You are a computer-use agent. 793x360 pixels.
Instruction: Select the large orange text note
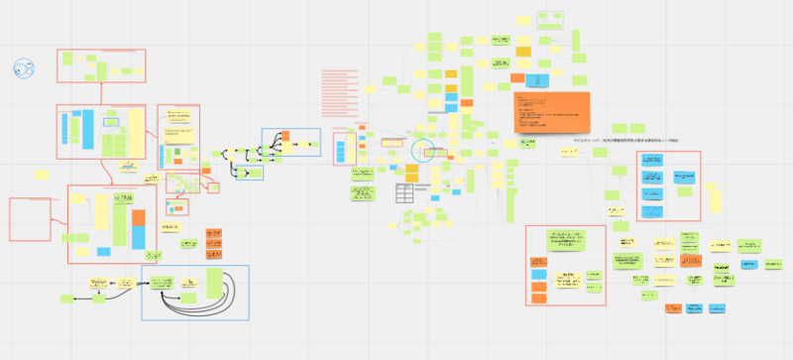(551, 112)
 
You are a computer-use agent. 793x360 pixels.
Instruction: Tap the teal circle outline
(425, 151)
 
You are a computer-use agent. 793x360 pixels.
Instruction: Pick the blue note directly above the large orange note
(536, 80)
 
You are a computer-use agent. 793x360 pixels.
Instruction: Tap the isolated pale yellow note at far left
(42, 175)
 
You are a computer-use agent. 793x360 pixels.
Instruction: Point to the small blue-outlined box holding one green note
(253, 172)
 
